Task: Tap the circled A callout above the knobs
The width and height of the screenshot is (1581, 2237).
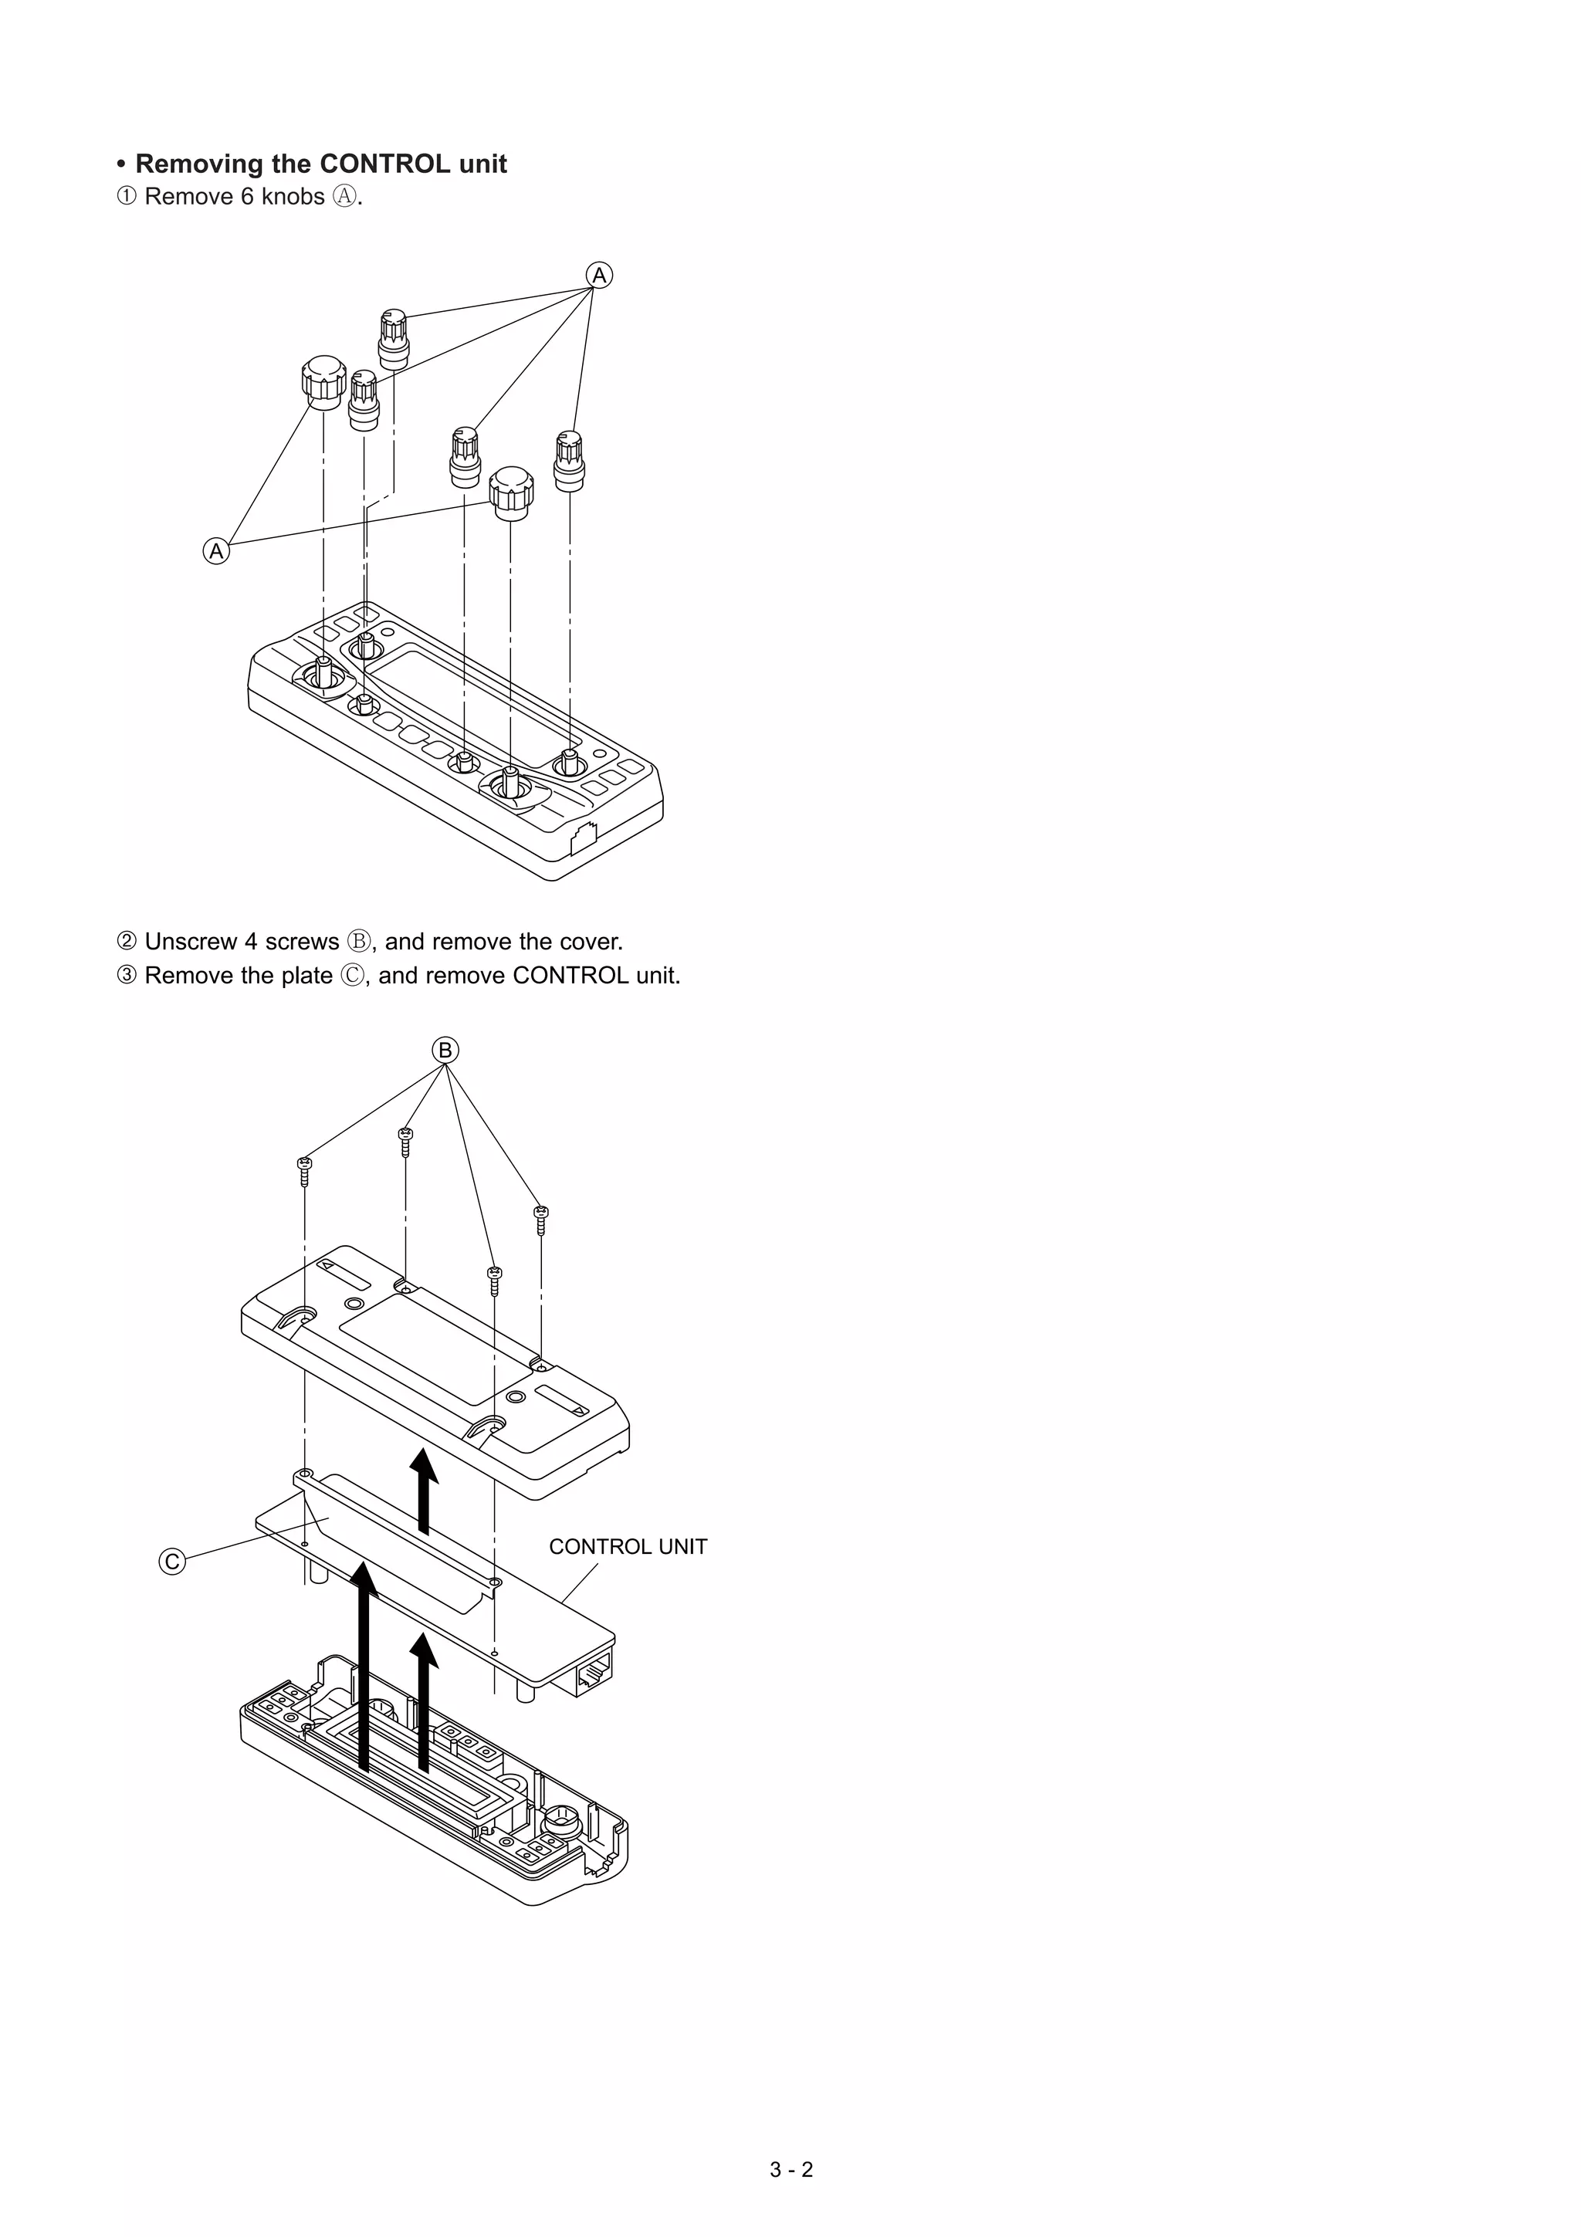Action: (599, 276)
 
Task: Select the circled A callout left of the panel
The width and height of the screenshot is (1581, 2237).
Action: (216, 551)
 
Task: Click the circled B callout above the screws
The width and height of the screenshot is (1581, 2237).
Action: (445, 1051)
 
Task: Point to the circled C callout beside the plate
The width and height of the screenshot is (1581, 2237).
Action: (171, 1562)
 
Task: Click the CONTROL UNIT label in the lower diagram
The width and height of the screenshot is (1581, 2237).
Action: (628, 1546)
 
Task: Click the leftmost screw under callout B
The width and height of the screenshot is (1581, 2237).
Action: (305, 1169)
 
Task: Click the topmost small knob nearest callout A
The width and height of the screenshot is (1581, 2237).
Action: (394, 337)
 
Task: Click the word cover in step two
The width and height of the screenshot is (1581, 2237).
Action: (587, 943)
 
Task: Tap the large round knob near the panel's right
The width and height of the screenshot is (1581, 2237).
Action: (511, 493)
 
